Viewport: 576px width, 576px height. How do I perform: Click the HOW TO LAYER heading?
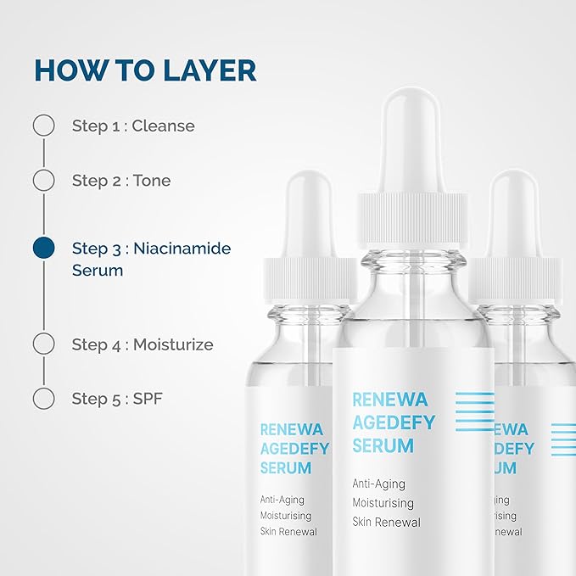pos(145,70)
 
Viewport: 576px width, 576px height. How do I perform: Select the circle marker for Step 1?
pos(43,126)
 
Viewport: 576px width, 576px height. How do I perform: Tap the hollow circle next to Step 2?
pos(43,180)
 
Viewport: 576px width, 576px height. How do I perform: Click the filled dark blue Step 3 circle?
pos(43,248)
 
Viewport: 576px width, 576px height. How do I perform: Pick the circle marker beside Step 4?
pos(43,344)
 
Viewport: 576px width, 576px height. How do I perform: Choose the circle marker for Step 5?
pos(43,398)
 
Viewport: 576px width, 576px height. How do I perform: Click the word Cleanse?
pos(164,126)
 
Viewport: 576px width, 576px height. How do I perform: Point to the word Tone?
pos(152,180)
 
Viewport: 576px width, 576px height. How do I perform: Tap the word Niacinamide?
pos(182,249)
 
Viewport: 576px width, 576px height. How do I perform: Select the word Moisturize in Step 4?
pos(173,344)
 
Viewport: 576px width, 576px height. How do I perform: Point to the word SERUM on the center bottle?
pos(383,445)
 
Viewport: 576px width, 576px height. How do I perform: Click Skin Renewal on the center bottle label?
pos(386,522)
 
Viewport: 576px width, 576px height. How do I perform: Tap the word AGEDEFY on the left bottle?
pos(294,449)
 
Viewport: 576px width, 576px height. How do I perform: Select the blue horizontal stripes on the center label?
pos(473,412)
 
